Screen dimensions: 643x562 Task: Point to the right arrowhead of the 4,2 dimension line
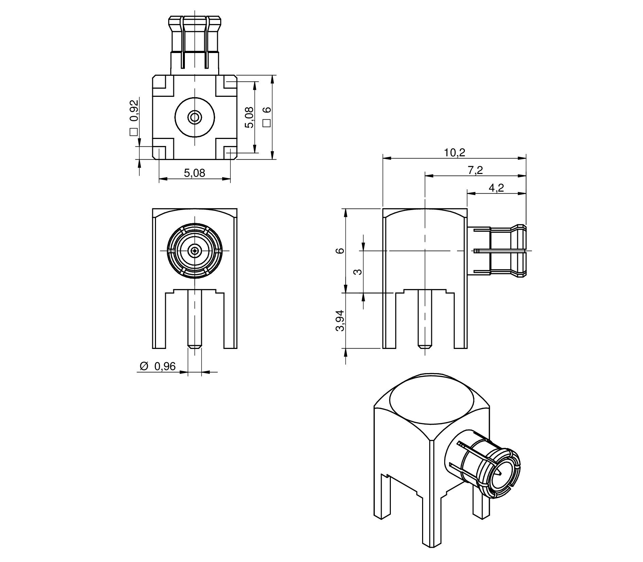pos(522,193)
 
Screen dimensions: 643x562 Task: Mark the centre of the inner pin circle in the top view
pos(195,118)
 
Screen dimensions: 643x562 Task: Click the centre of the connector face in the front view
pos(195,251)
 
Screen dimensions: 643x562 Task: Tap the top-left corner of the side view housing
pos(383,208)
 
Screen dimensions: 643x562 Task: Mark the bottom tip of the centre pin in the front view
pos(195,348)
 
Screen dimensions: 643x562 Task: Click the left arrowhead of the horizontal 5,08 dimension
pos(164,178)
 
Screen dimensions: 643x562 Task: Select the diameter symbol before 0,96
pos(144,366)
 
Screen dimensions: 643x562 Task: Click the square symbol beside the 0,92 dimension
pos(134,132)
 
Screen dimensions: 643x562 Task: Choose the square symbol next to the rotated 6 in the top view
pos(267,123)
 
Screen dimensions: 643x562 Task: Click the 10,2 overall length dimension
pos(455,153)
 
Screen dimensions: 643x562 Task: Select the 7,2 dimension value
pos(475,170)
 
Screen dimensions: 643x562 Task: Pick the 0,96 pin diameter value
pos(165,366)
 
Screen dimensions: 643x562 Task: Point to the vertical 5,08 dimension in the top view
pos(250,117)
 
